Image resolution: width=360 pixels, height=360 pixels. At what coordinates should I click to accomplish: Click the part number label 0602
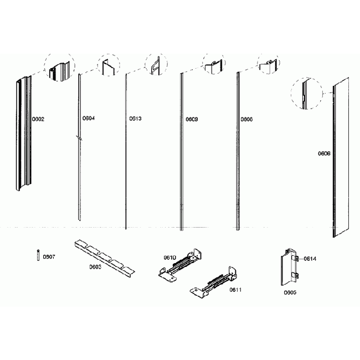click(38, 119)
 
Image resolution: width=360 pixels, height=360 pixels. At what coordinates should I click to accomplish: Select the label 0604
click(88, 118)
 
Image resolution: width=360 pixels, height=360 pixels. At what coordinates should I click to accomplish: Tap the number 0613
click(135, 118)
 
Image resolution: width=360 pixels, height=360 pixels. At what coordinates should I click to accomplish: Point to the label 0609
click(192, 119)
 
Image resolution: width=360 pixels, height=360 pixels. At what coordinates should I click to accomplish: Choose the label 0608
click(246, 119)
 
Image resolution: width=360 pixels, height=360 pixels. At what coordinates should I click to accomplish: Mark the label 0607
click(49, 256)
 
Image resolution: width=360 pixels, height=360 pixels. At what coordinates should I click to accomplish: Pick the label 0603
click(95, 266)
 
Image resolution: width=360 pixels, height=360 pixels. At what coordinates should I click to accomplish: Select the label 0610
click(169, 257)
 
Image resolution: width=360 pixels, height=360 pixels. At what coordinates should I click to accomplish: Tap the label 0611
click(236, 290)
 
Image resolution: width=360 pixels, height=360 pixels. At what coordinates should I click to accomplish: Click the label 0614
click(310, 259)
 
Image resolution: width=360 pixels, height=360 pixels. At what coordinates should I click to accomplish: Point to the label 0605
click(290, 292)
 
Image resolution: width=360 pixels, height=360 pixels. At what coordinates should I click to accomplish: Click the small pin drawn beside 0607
click(38, 256)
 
